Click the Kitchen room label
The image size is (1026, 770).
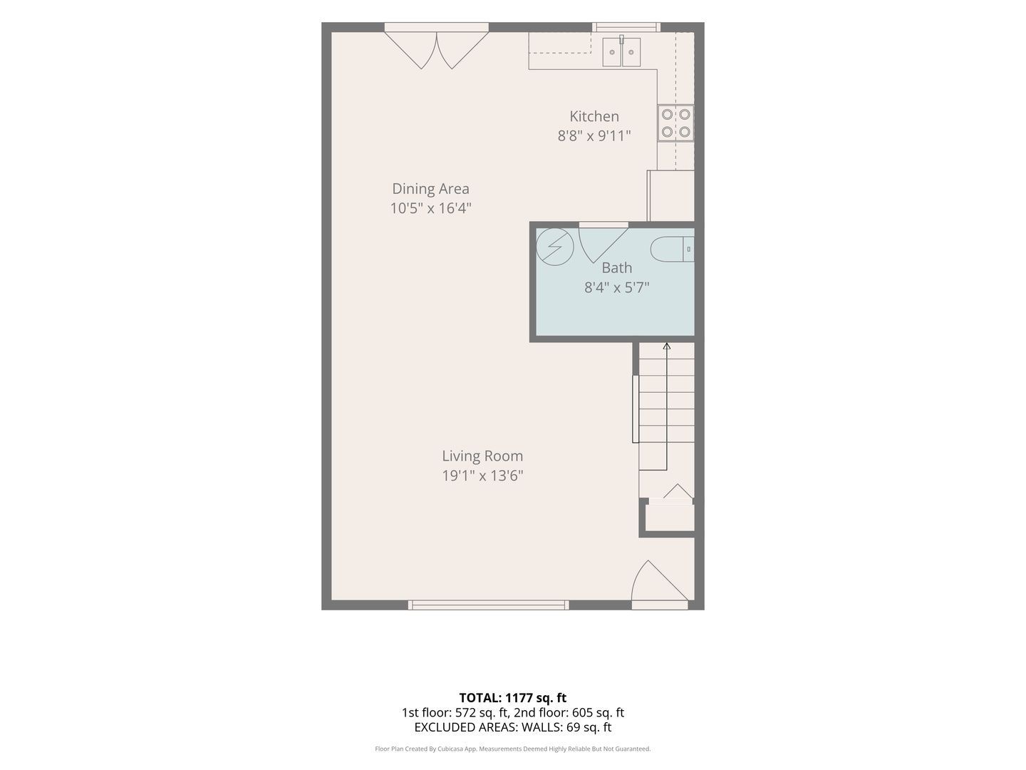click(594, 116)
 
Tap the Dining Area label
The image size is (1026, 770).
click(430, 188)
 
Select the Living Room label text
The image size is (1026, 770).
click(482, 456)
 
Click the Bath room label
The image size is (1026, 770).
click(616, 268)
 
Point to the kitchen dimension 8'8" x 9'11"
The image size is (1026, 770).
click(594, 135)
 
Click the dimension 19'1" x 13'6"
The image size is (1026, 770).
click(482, 476)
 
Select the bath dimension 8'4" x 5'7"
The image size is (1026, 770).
click(616, 287)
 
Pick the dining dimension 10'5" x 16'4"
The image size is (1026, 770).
click(430, 208)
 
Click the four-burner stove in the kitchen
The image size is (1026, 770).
click(675, 123)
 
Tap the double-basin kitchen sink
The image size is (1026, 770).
click(621, 52)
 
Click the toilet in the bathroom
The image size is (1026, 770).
click(672, 250)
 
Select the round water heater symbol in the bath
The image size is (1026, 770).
click(555, 247)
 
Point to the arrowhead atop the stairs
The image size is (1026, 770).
click(667, 346)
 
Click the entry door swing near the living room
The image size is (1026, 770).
click(660, 580)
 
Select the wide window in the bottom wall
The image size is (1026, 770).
click(489, 605)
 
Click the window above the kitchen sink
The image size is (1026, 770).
click(626, 27)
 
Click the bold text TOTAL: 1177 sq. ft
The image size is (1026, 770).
click(513, 698)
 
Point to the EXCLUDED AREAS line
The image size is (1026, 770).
click(513, 727)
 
